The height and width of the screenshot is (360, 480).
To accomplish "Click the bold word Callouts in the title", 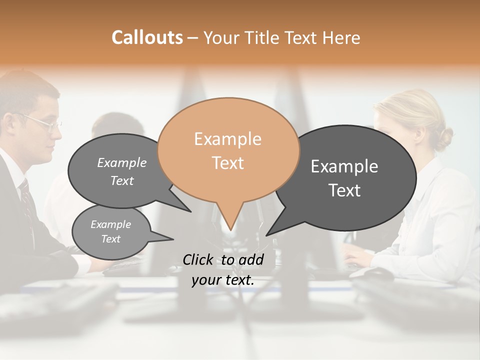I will tap(147, 37).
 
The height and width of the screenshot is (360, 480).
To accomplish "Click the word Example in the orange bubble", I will tap(227, 139).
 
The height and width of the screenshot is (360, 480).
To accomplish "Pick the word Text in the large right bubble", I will tap(344, 190).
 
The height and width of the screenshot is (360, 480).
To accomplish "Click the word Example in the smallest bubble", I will tap(110, 224).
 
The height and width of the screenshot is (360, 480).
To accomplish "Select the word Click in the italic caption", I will tap(198, 259).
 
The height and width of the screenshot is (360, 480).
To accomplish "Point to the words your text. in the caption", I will tap(223, 280).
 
